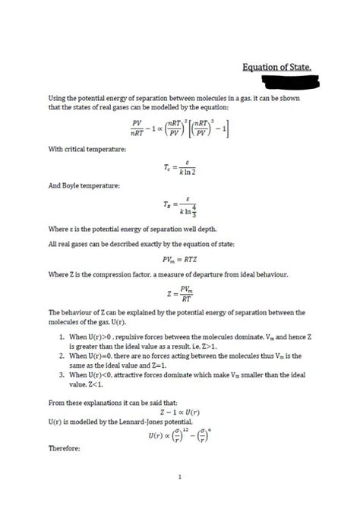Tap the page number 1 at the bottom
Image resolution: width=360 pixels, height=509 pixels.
(180, 477)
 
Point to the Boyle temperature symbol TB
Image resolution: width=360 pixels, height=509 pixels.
(166, 205)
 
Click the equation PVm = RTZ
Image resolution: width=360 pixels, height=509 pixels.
(179, 259)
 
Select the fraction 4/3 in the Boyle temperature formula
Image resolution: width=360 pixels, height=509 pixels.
(195, 210)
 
